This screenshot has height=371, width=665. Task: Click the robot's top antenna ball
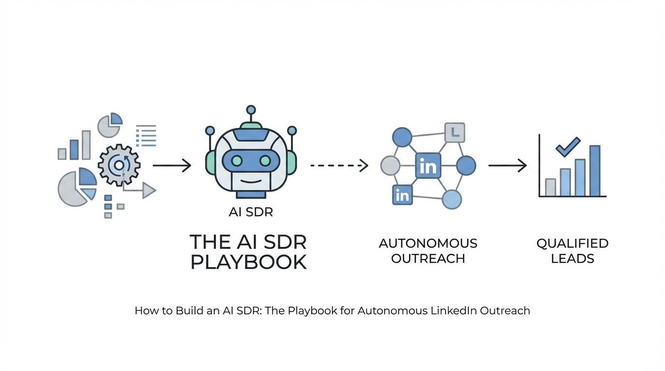[250, 110]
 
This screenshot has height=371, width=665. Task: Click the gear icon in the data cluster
[119, 165]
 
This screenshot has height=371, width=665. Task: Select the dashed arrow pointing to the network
[339, 166]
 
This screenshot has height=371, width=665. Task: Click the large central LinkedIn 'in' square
[428, 166]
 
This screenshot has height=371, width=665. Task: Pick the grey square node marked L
[454, 132]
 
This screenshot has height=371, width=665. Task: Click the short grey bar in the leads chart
[550, 187]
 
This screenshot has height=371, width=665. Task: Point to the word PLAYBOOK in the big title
[249, 262]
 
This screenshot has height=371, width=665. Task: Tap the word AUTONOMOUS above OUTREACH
[428, 243]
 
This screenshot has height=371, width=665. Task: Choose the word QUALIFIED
[572, 243]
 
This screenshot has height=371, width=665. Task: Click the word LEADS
[572, 258]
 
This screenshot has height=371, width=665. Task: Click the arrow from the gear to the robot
[172, 166]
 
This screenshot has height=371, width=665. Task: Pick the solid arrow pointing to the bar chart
[507, 166]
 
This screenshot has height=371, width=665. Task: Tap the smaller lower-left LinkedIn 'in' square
[402, 195]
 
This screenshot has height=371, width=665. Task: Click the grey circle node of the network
[390, 166]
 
